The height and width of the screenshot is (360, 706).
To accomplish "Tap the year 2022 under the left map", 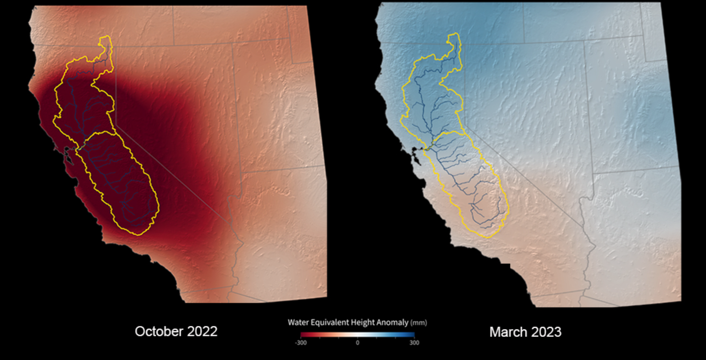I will (x=202, y=331).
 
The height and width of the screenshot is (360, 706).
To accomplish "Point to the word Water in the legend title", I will (x=298, y=322).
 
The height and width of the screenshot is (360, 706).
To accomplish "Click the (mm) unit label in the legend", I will (x=419, y=323).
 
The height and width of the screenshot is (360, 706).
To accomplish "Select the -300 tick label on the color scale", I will (x=301, y=343).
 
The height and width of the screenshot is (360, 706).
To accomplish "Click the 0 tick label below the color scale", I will (x=358, y=343).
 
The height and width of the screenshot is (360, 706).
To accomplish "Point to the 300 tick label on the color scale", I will (x=414, y=343).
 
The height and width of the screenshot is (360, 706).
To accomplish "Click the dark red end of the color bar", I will (x=303, y=335).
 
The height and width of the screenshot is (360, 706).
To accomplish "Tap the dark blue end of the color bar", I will (x=412, y=335).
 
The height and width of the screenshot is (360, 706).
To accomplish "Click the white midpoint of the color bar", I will (x=358, y=335).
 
